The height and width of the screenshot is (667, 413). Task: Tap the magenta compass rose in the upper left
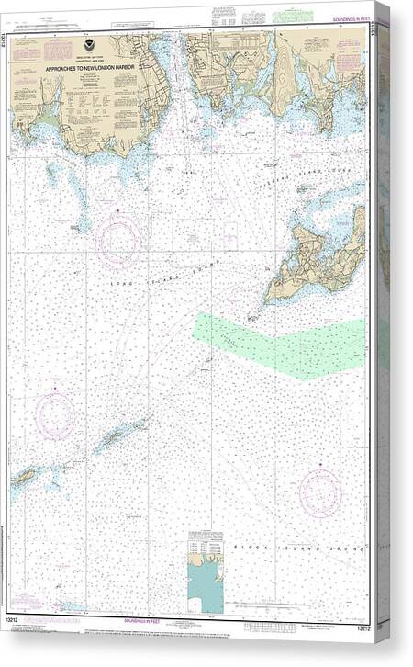point(119,239)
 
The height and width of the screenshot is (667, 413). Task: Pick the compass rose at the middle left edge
point(55,413)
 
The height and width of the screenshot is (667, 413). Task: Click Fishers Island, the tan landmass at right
point(317,262)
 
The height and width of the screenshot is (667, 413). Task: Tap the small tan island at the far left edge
point(22,477)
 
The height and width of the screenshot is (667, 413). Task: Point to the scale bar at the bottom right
point(294,605)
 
